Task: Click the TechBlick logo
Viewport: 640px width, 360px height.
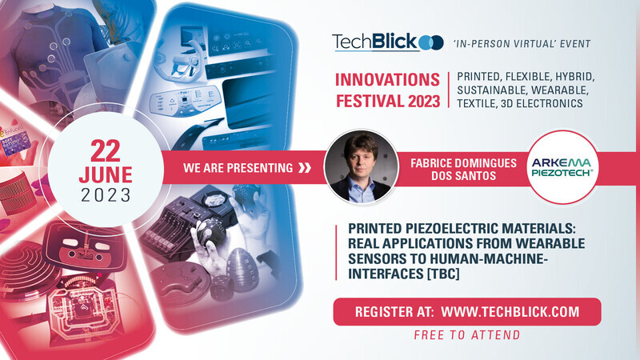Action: [x=388, y=42]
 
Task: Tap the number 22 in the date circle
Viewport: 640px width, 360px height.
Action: [x=106, y=151]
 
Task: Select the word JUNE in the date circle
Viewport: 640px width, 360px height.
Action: [x=106, y=175]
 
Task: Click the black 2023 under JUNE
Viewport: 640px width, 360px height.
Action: [x=106, y=195]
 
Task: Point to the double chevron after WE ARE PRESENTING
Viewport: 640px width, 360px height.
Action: [x=305, y=168]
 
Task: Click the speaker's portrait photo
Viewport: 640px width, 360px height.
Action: [x=361, y=166]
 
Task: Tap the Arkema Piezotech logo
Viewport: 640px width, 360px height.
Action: [x=562, y=167]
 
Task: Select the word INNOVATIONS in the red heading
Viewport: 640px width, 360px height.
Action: [x=387, y=80]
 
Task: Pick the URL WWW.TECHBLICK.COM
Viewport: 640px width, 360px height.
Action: [x=510, y=312]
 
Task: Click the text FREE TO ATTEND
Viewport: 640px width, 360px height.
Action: [x=467, y=335]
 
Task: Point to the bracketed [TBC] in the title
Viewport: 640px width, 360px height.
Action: [x=443, y=274]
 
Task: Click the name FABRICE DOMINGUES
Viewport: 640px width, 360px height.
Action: [x=464, y=163]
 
